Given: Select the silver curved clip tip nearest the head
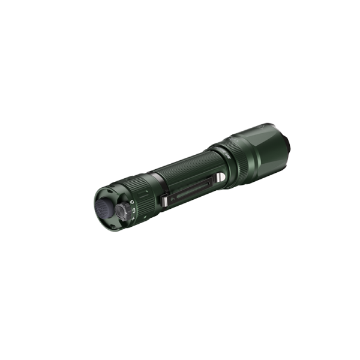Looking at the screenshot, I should click(x=220, y=178).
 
